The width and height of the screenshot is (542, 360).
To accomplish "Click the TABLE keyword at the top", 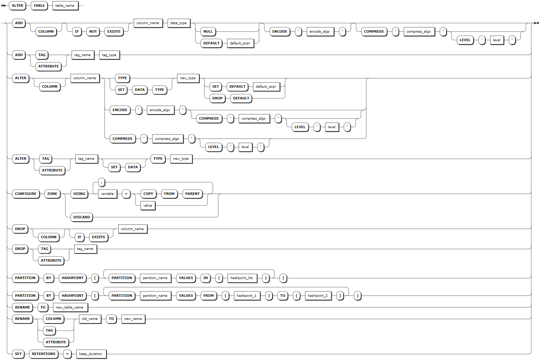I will (39, 6).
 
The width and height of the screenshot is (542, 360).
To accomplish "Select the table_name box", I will (65, 6).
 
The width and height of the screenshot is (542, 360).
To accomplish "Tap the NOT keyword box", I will (93, 32).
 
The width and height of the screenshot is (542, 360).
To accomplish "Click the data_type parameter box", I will (178, 23).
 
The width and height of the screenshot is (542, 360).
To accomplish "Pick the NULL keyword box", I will (208, 32).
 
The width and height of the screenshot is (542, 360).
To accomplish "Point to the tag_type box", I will (109, 55).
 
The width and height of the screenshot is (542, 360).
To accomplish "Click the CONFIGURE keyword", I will (26, 194).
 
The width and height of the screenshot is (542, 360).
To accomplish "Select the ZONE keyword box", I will (52, 194).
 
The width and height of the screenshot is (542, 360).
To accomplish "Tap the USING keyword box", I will (79, 194).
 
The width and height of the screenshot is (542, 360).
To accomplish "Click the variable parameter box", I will (107, 194).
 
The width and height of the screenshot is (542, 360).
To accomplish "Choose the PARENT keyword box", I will (193, 194).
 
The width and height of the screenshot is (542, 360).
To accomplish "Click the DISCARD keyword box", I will (82, 217).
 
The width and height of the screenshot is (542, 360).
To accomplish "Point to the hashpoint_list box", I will (242, 278).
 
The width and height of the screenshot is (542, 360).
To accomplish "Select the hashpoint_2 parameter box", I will (318, 296).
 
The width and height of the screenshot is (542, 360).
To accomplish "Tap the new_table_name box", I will (70, 307).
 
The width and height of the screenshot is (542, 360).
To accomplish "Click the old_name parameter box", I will (90, 319).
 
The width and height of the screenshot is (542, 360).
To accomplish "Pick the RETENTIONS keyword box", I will (44, 354).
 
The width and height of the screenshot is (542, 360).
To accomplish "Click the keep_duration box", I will (91, 354).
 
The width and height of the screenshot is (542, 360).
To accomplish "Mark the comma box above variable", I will (102, 182).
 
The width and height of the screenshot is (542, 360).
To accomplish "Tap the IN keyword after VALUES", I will (206, 278).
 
